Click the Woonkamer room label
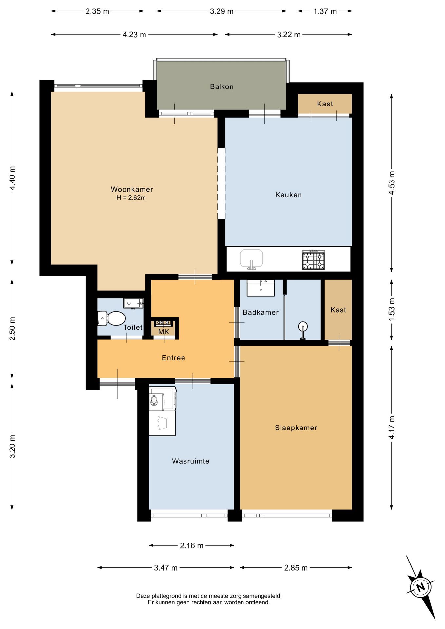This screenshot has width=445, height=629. (132, 189)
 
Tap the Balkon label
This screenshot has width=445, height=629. (222, 87)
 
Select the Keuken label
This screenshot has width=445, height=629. (288, 195)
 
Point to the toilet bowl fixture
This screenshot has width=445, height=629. (111, 318)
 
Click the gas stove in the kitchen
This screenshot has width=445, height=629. (314, 260)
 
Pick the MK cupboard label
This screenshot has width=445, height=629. (164, 332)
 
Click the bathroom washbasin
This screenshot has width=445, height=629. (261, 288)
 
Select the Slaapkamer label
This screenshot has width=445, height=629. (296, 428)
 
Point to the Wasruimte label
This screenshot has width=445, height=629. (191, 461)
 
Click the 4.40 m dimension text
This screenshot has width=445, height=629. (12, 178)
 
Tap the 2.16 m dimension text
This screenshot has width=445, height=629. (191, 546)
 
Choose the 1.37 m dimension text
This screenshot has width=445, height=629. (325, 11)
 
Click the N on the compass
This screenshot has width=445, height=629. (421, 586)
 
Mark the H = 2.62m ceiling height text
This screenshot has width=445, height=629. (131, 198)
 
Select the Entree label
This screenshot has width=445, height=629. (173, 358)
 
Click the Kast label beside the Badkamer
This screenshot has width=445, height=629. (338, 310)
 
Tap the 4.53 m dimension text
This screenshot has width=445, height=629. (392, 183)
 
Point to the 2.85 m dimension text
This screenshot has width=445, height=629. (296, 568)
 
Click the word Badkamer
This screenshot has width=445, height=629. (261, 313)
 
